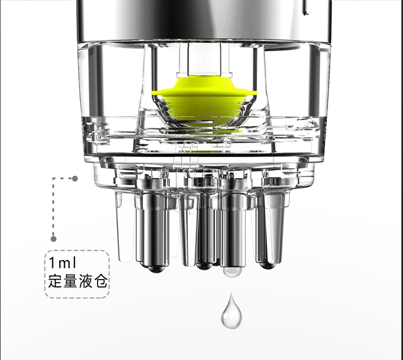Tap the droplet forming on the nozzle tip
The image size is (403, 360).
tap(233, 271)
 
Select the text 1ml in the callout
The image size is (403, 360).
tap(64, 264)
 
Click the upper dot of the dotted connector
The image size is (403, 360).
tap(75, 178)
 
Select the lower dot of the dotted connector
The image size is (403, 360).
tap(53, 239)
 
